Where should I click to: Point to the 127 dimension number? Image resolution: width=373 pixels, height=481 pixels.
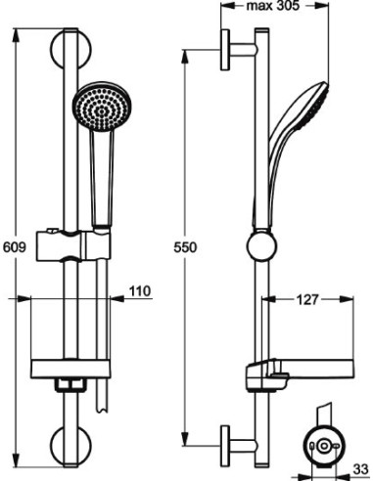[x=306, y=300]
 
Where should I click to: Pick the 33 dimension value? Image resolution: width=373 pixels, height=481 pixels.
[x=359, y=470]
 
